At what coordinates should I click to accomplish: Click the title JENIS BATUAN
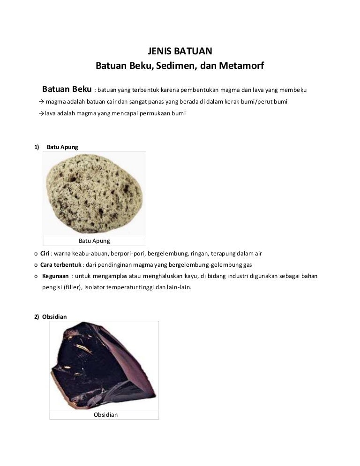[x=180, y=52]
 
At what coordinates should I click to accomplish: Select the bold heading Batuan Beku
[x=67, y=89]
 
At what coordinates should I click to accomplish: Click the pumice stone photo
[x=94, y=193]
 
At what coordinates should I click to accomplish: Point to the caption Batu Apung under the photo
[x=94, y=241]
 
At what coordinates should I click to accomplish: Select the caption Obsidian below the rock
[x=105, y=415]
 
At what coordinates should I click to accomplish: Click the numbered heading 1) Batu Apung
[x=56, y=147]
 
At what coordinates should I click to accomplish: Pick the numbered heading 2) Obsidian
[x=50, y=316]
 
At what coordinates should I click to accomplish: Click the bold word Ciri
[x=45, y=254]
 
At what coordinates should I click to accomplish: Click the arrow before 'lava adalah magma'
[x=41, y=113]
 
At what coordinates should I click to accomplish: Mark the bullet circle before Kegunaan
[x=36, y=276]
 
